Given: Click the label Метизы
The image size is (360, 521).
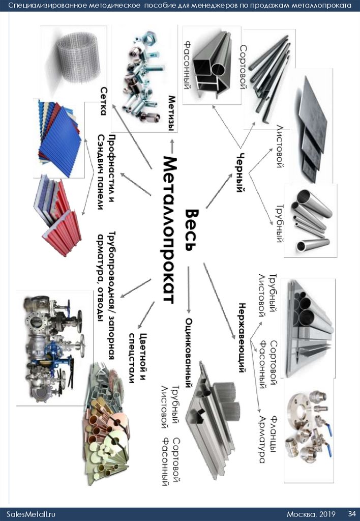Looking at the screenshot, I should tap(172, 113).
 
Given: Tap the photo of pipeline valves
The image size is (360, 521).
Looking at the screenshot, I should tap(50, 346).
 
